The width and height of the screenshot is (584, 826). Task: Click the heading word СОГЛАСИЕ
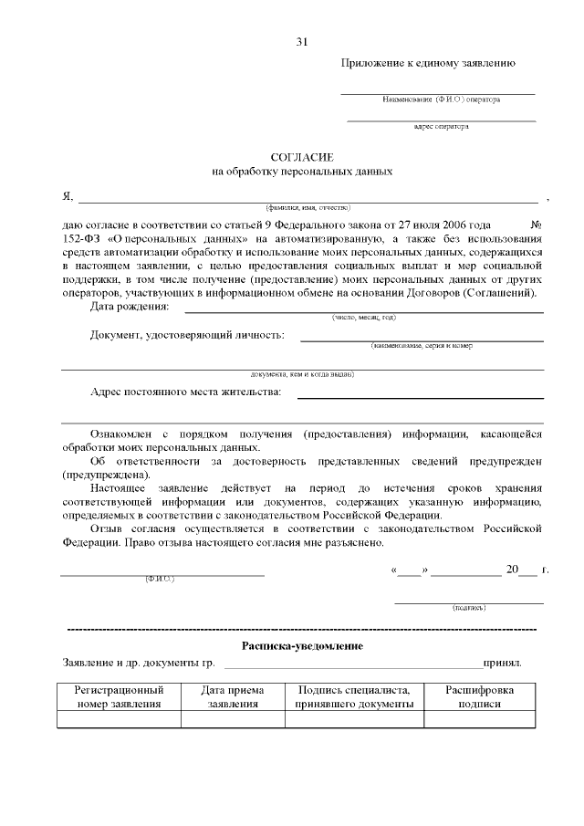302,157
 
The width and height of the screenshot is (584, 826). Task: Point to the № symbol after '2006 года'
537,224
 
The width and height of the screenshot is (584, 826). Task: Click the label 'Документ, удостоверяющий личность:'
187,335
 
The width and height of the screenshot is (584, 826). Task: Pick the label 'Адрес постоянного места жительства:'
186,392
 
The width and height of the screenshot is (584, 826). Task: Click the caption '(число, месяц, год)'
363,317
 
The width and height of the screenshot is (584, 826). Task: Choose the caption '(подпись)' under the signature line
469,608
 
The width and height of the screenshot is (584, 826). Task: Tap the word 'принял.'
503,662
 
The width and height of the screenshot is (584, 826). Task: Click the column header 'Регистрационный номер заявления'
120,697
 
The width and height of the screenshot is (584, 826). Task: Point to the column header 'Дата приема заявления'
233,697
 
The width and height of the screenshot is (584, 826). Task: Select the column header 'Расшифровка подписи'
480,697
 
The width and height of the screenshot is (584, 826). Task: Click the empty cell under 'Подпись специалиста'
354,719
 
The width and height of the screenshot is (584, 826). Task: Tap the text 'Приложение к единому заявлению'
429,63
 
